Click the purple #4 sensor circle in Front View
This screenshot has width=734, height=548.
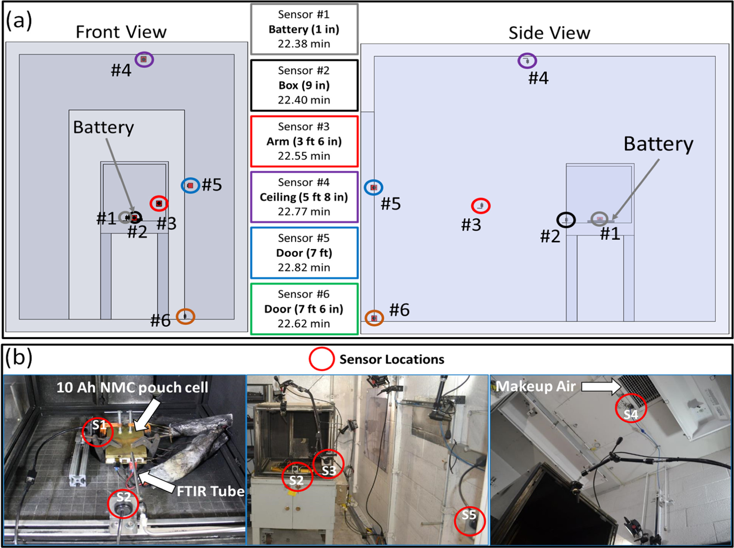tap(144, 59)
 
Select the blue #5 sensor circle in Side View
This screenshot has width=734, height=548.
tap(373, 187)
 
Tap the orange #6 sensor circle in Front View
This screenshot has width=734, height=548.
tap(185, 316)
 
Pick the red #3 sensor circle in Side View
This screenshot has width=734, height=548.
tap(481, 206)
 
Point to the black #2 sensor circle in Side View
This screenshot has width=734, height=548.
tap(566, 220)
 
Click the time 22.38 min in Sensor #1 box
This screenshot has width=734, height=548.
tap(304, 44)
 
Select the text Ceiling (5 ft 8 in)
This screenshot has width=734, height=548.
tap(304, 197)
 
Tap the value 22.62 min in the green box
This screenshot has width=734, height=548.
tap(304, 323)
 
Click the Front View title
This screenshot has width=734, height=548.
tap(121, 32)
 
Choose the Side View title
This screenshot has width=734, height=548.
tap(549, 33)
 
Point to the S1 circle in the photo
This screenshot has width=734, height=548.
tap(98, 431)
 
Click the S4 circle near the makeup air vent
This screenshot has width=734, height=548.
tap(631, 408)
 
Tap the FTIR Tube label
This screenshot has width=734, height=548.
tap(210, 491)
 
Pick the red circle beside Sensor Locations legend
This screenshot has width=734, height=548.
tap(322, 359)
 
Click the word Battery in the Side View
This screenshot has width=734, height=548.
tap(658, 144)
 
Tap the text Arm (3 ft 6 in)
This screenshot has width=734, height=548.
tap(304, 141)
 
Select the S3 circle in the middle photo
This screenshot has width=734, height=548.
tap(329, 464)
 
